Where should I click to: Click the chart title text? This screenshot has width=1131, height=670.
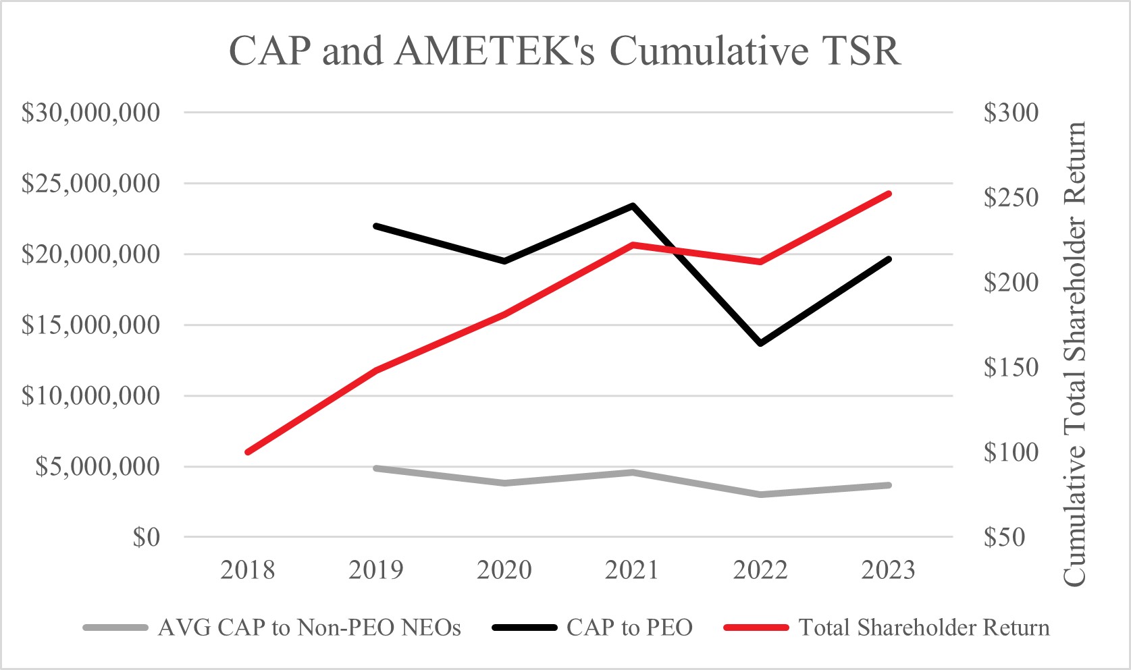(565, 51)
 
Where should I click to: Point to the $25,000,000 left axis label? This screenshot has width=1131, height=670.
(91, 184)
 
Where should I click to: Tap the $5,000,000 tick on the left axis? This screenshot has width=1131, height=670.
(98, 466)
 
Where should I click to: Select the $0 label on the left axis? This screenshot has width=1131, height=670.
(146, 538)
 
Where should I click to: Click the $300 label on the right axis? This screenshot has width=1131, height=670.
(1011, 113)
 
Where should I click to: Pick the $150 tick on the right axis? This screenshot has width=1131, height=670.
(1011, 368)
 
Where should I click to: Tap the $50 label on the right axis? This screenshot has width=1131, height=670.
(1004, 538)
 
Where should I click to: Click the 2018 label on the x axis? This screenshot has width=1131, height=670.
(248, 571)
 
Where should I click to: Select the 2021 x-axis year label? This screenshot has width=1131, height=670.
(632, 571)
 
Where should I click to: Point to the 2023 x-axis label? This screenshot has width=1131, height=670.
(888, 571)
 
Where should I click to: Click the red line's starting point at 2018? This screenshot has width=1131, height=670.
(248, 452)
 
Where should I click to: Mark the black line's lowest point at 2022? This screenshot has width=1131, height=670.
(761, 343)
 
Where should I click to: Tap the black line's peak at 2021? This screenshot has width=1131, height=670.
(633, 205)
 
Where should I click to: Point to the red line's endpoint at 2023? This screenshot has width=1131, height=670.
(889, 194)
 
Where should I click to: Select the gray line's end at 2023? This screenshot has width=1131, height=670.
(889, 485)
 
